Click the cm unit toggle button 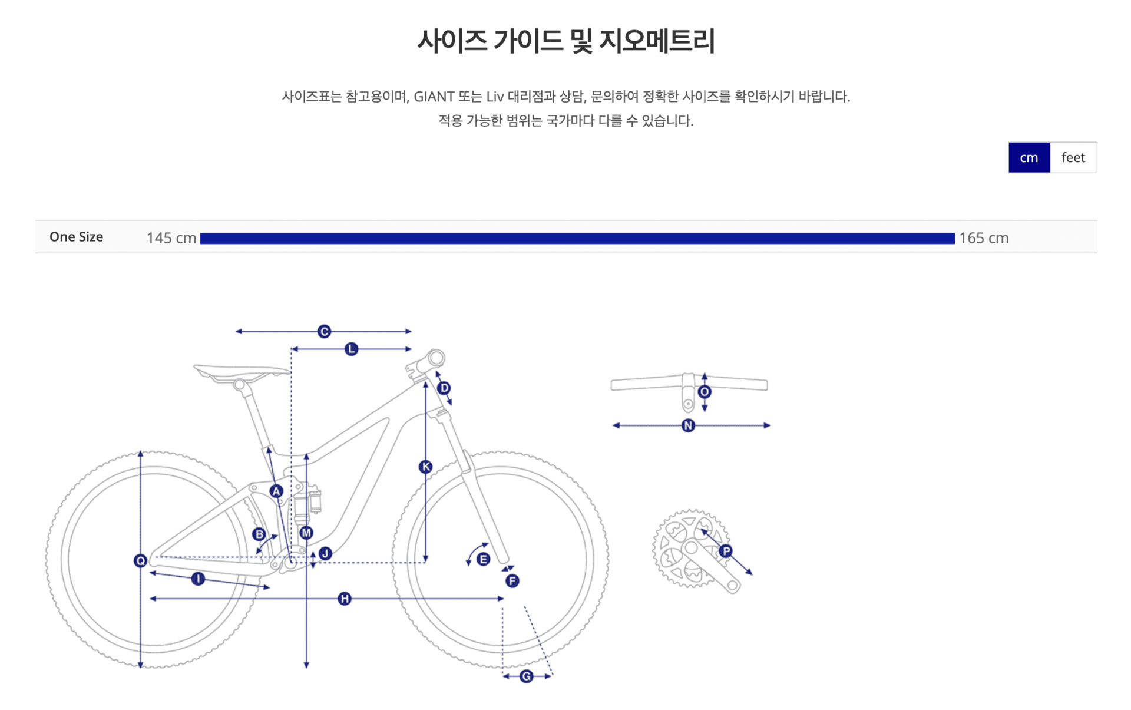1029,157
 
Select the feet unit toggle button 1073,157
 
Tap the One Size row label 76,237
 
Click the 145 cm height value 171,238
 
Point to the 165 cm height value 984,238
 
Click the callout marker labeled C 324,332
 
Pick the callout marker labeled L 351,349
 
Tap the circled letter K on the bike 425,467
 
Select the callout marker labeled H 345,599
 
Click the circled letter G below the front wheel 527,676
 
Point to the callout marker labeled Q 140,561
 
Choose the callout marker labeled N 688,425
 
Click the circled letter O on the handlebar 705,392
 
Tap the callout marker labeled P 726,552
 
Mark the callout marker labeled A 276,491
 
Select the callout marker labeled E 483,559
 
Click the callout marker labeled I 198,579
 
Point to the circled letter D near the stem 444,388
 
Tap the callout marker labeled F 512,582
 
